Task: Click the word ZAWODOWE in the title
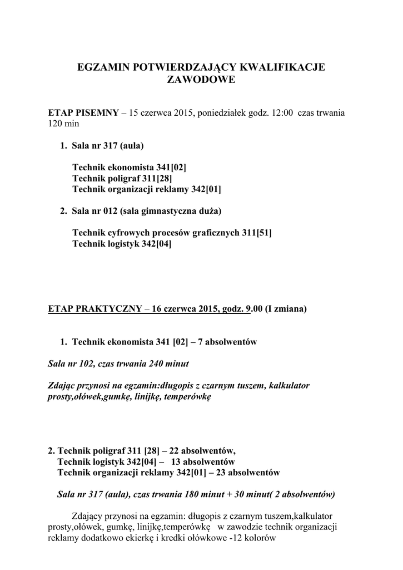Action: (201, 80)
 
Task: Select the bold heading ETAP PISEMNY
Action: (83, 113)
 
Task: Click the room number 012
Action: (106, 211)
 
